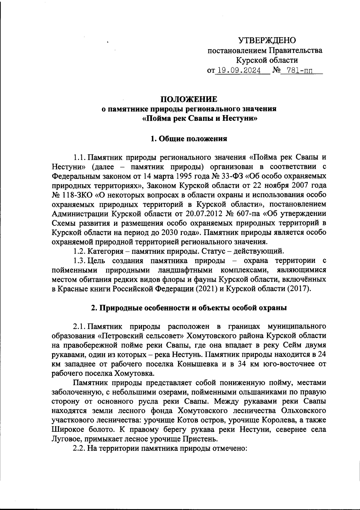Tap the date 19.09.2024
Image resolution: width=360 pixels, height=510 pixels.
click(239, 71)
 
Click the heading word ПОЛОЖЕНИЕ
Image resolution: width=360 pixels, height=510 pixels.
click(189, 99)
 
